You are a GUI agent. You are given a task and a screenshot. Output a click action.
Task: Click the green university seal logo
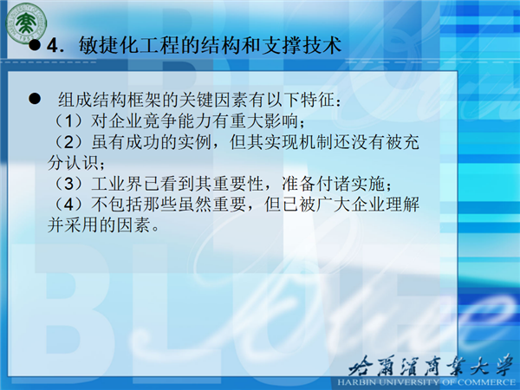tap(26, 23)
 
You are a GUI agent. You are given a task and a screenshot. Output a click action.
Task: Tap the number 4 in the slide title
tap(53, 45)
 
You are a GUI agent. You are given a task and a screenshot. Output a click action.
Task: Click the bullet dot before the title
tap(35, 45)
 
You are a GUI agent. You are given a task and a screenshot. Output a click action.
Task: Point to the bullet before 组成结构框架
tap(35, 99)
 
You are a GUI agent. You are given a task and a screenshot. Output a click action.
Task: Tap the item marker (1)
tap(68, 120)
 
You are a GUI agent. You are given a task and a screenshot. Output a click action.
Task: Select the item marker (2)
tap(68, 142)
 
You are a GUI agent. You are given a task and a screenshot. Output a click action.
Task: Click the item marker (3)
tap(68, 184)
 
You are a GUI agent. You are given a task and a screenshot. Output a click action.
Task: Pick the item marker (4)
tap(68, 205)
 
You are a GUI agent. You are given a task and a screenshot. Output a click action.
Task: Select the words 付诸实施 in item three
tap(350, 184)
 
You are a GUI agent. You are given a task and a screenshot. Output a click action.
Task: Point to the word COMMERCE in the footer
tap(489, 382)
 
